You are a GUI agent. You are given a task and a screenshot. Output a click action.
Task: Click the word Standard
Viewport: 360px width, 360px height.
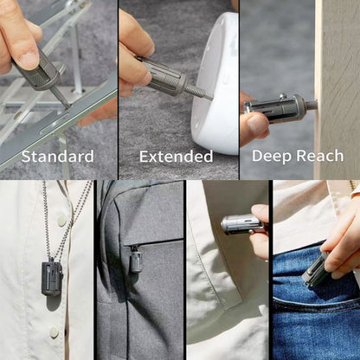tap(58, 157)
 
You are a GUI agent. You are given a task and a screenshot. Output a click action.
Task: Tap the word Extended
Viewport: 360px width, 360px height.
tap(177, 157)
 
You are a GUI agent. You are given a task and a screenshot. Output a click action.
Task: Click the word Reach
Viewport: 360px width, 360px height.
tap(320, 156)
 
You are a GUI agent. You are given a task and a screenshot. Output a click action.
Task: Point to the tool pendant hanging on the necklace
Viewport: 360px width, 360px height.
tap(52, 278)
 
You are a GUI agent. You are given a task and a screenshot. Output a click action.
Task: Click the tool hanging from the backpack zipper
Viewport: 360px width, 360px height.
tap(136, 261)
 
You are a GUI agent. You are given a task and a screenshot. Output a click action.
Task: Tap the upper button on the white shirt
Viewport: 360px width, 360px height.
tap(61, 222)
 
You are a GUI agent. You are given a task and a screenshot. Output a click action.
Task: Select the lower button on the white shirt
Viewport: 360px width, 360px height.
tap(54, 332)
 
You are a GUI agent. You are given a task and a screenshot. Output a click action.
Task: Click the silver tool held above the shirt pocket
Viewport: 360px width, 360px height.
tap(241, 225)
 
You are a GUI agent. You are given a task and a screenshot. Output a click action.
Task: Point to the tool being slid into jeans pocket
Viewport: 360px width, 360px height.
tap(314, 271)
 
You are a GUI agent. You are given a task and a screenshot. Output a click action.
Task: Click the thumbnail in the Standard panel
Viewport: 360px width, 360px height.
tap(29, 60)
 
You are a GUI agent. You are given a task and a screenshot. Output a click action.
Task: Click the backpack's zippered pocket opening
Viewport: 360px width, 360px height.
tap(154, 242)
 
